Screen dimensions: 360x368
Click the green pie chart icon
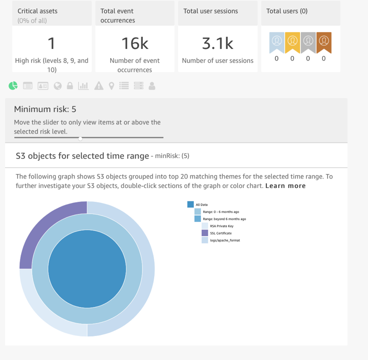[13, 85]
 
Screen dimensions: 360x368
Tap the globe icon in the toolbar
[58, 86]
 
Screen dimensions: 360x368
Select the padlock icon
[70, 86]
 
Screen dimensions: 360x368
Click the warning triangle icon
[99, 86]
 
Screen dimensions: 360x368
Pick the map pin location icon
[111, 86]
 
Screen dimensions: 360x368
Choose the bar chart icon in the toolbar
[84, 86]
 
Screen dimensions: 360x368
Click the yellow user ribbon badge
[292, 42]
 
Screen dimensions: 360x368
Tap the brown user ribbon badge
[324, 42]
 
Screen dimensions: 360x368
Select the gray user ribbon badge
[308, 42]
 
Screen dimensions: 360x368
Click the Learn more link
[285, 185]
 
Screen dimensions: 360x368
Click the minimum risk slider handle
[81, 138]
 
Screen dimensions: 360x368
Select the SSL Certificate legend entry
[220, 233]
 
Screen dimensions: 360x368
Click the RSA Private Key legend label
[221, 226]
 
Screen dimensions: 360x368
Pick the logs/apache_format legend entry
[225, 240]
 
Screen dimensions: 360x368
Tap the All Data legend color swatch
[190, 204]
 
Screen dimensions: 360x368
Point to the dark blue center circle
[87, 269]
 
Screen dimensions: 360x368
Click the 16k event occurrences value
[135, 43]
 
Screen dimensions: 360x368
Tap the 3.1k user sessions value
[217, 43]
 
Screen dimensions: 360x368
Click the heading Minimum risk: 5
[45, 109]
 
